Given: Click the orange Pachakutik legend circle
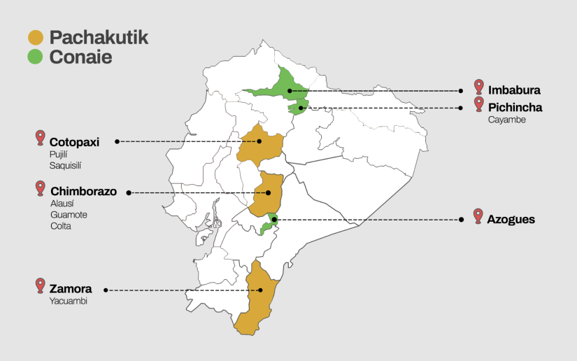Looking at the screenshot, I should (36, 38).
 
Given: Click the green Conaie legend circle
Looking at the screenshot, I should (36, 57).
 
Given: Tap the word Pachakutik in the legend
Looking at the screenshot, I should (99, 38).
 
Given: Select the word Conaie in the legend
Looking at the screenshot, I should (80, 57).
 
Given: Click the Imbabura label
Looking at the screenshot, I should (514, 90).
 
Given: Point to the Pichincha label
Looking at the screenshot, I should (515, 107).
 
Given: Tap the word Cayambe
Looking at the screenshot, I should (507, 120).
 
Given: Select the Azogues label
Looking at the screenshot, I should (512, 220).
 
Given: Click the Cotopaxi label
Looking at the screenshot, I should (74, 142).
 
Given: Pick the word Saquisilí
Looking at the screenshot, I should (67, 166).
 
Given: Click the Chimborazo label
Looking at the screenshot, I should (84, 191).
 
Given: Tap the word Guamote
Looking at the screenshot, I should (69, 215).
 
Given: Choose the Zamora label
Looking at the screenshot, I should (71, 288).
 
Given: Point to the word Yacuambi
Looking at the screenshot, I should (69, 301).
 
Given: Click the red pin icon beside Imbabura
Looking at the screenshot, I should (478, 87).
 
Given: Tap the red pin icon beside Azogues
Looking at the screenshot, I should (478, 215).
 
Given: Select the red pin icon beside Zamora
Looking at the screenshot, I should (41, 285).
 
